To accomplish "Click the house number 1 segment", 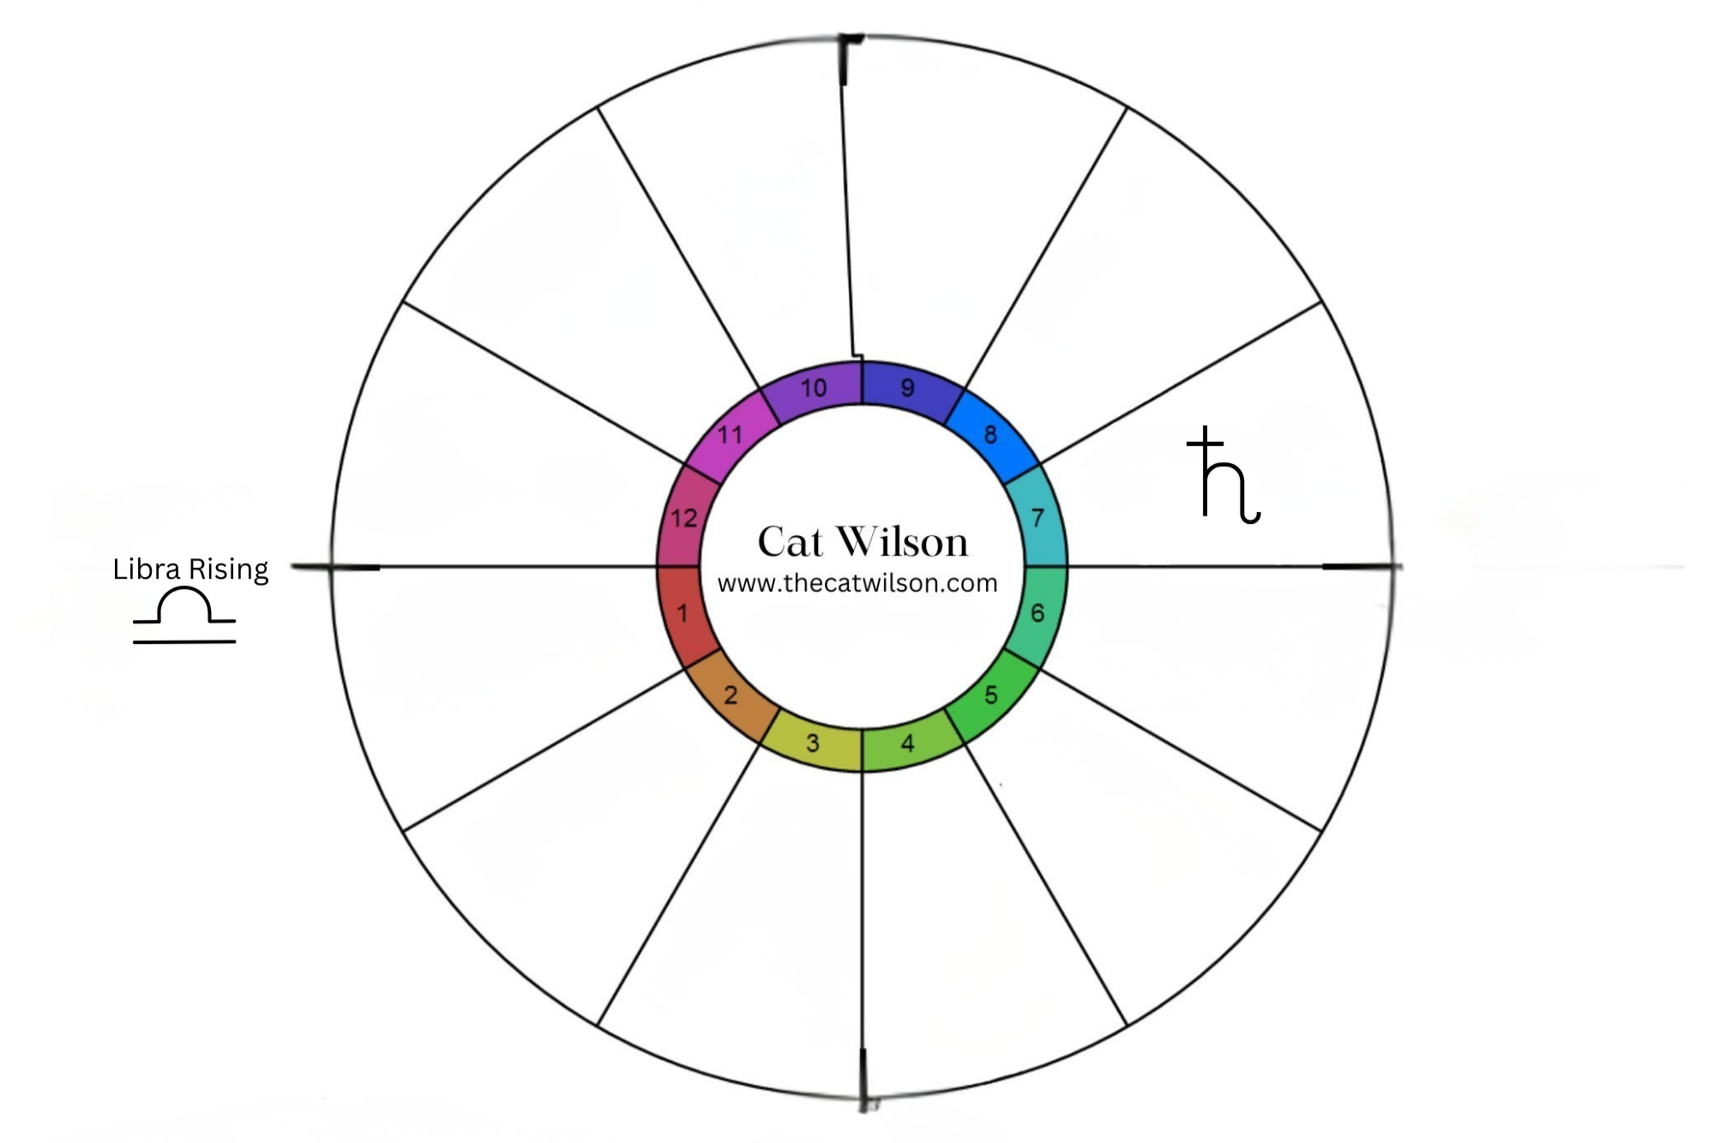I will click(683, 614).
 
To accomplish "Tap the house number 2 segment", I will click(730, 694).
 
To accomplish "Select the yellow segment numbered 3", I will click(813, 743).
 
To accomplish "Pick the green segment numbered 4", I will click(908, 743).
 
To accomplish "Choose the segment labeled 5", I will click(990, 695).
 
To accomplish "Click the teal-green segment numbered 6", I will click(1037, 613).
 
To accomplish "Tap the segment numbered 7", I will click(1037, 518).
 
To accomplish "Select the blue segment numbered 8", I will click(990, 435).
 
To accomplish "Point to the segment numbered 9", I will click(907, 388).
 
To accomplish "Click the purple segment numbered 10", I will click(813, 388).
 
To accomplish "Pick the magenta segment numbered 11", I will click(730, 436).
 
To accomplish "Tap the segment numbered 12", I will click(683, 518).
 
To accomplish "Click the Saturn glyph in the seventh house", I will click(1224, 476).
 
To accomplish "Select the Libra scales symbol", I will click(184, 615).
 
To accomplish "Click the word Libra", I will click(147, 569).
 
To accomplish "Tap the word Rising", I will click(228, 569).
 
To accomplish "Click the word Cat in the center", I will click(790, 542).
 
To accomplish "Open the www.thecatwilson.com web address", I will click(857, 584).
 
